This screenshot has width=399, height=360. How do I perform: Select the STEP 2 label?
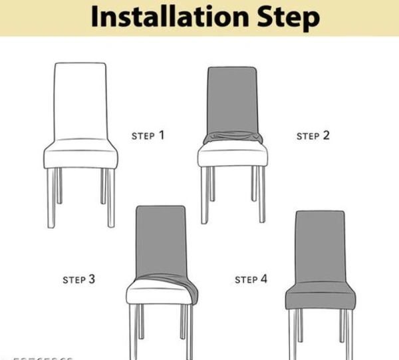(313, 136)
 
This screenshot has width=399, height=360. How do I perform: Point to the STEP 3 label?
(79, 279)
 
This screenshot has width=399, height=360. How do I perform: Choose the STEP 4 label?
(251, 279)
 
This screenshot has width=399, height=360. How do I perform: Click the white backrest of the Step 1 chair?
(80, 100)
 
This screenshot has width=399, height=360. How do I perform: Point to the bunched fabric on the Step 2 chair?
(232, 138)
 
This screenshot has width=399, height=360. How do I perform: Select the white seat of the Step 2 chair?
(232, 157)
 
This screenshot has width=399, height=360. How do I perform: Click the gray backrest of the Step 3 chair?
(160, 240)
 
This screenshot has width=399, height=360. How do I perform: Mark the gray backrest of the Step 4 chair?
(320, 246)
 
